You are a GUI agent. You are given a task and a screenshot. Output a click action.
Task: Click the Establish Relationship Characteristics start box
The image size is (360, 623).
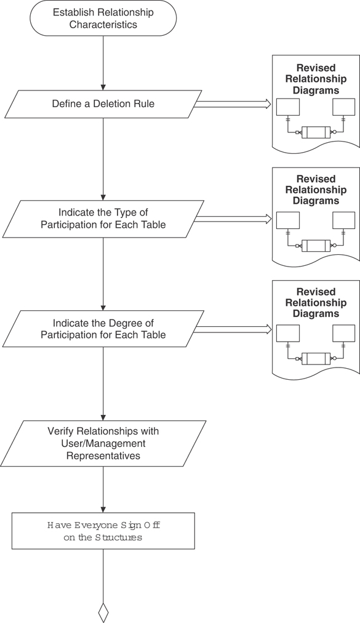coord(103,18)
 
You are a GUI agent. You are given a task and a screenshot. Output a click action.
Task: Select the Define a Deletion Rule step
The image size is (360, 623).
coord(103,104)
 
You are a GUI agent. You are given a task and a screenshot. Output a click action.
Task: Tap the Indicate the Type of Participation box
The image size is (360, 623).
coord(103,219)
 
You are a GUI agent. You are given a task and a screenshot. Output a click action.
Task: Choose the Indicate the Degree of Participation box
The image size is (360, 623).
coord(103,329)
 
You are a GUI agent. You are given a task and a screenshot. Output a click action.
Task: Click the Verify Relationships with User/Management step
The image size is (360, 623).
coord(103,443)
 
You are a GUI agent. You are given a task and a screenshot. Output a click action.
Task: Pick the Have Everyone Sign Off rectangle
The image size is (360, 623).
coord(103,531)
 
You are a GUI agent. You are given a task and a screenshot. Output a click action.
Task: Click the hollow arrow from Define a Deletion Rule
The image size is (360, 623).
coord(232,104)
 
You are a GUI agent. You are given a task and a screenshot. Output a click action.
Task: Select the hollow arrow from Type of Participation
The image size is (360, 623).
coord(232,219)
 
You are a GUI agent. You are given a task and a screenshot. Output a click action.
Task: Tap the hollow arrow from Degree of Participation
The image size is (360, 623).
coord(232,329)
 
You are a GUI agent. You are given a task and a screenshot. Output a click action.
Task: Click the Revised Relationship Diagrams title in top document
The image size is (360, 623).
coord(316,79)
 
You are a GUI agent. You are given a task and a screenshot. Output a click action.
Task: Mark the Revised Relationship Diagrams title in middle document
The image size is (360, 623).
coord(316,190)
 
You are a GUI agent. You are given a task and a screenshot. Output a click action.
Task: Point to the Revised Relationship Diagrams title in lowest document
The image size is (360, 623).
coord(316,303)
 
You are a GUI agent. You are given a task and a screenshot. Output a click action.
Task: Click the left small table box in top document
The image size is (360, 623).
coord(287,107)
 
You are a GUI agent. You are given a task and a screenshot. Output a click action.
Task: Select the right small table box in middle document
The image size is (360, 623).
coord(343,220)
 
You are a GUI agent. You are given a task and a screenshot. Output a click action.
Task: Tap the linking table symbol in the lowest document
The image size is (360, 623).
coord(316,358)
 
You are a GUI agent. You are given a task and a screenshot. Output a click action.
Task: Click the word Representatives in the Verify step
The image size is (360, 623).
coord(103,456)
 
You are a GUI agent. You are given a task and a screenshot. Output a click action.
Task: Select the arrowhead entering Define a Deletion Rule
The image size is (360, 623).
coord(103,87)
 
